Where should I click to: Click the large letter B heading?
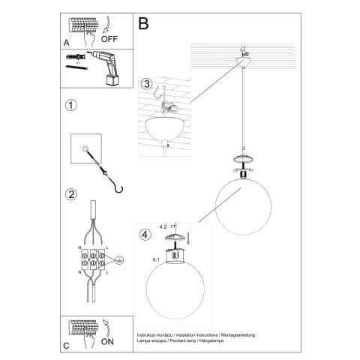(145, 23)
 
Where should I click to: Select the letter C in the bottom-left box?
(67, 346)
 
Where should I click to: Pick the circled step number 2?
(71, 196)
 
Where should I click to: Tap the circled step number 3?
(147, 83)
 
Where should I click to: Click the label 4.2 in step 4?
(163, 225)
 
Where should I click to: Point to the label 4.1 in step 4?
(155, 259)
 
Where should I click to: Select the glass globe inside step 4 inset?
(177, 295)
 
